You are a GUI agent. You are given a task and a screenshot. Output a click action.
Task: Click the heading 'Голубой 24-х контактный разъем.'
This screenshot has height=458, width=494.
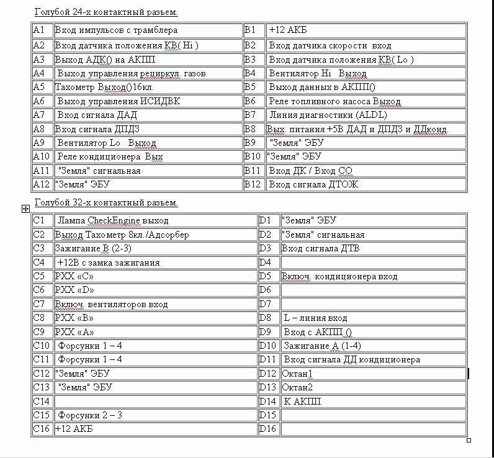(x=106, y=12)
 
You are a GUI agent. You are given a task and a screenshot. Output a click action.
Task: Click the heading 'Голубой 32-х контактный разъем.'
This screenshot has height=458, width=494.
(x=106, y=202)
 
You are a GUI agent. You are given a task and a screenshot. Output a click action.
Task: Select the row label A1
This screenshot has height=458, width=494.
(x=42, y=30)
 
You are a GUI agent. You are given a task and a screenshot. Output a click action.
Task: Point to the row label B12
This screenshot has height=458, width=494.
(x=254, y=184)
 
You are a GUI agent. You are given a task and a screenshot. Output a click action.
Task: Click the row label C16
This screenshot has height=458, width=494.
(x=42, y=429)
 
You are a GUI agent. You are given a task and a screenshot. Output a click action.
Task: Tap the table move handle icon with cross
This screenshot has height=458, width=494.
(x=26, y=209)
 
